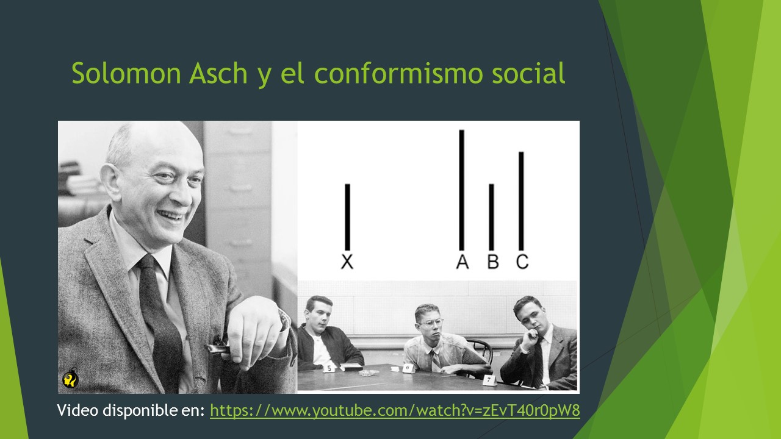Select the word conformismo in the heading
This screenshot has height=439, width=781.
(x=401, y=74)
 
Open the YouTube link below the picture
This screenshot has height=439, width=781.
(x=395, y=410)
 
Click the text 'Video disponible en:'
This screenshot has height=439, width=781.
(x=131, y=410)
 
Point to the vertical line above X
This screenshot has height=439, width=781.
(x=347, y=216)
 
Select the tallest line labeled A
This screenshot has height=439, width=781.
(x=462, y=190)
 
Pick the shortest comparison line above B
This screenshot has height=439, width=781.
(x=492, y=216)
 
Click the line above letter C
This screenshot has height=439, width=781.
(x=521, y=201)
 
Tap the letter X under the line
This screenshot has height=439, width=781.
(x=347, y=262)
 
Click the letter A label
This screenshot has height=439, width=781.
(x=462, y=262)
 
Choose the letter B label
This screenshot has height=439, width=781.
(x=493, y=262)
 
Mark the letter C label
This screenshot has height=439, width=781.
(x=522, y=262)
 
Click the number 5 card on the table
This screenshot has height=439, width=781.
(x=329, y=368)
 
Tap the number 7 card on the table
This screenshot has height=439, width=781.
(x=489, y=379)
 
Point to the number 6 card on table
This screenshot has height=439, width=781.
(x=407, y=368)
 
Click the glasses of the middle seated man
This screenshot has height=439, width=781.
(x=431, y=323)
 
